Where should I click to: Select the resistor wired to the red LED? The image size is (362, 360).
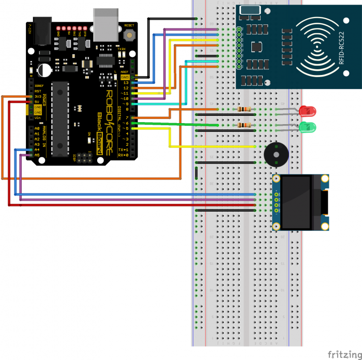pyautogui.click(x=244, y=109)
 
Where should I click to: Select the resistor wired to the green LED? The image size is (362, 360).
pyautogui.click(x=244, y=125)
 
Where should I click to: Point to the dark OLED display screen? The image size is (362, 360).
pyautogui.click(x=295, y=202)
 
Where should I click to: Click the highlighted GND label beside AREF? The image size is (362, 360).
pyautogui.click(x=125, y=77)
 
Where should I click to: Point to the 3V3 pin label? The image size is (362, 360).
pyautogui.click(x=38, y=96)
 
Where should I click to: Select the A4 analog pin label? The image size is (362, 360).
pyautogui.click(x=37, y=149)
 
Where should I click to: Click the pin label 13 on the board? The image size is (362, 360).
pyautogui.click(x=126, y=83)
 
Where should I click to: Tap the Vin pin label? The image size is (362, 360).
pyautogui.click(x=38, y=117)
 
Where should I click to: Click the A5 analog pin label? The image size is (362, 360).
pyautogui.click(x=37, y=155)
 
